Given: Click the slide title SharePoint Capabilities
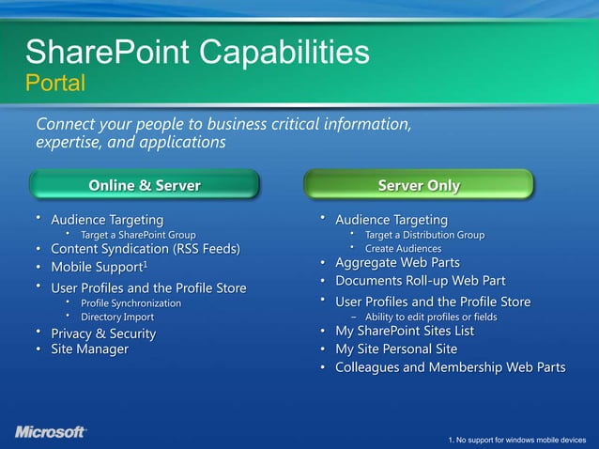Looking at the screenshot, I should coord(197,51).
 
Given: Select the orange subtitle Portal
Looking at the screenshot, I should coord(54,84).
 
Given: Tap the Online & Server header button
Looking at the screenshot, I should coord(145,185).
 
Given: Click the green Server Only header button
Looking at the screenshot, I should coord(419,185).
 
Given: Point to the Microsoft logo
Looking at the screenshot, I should coord(51,431).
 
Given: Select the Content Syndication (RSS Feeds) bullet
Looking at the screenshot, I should coord(145,249).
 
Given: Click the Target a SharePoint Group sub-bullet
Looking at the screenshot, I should coord(138,234).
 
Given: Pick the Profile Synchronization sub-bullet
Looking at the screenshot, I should coord(131,303).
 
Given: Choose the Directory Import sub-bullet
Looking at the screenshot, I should coord(117,317).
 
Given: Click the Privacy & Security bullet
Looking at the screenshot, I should coord(103,333).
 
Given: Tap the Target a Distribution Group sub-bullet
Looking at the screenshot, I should coord(424,234).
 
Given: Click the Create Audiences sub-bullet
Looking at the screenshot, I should coord(403,248).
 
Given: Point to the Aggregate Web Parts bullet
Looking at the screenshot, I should coord(397,263).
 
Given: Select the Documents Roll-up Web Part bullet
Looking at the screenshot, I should coord(421,281).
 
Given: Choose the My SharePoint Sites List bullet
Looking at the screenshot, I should coord(405,332).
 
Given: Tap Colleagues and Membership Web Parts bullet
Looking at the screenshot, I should coord(450,366).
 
